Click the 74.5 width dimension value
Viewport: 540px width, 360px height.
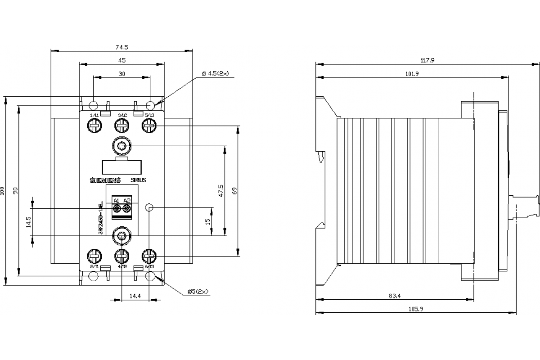pyautogui.click(x=121, y=47)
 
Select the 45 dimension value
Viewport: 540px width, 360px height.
pyautogui.click(x=121, y=60)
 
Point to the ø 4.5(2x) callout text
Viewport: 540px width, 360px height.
pyautogui.click(x=215, y=73)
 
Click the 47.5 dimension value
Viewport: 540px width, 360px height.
pyautogui.click(x=220, y=190)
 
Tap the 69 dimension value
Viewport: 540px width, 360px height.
pyautogui.click(x=234, y=191)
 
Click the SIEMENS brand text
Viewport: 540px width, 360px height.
pyautogui.click(x=106, y=180)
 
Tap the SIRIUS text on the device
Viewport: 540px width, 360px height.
pyautogui.click(x=138, y=180)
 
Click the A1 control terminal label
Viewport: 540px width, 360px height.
pyautogui.click(x=116, y=200)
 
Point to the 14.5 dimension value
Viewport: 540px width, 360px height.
pyautogui.click(x=29, y=222)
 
